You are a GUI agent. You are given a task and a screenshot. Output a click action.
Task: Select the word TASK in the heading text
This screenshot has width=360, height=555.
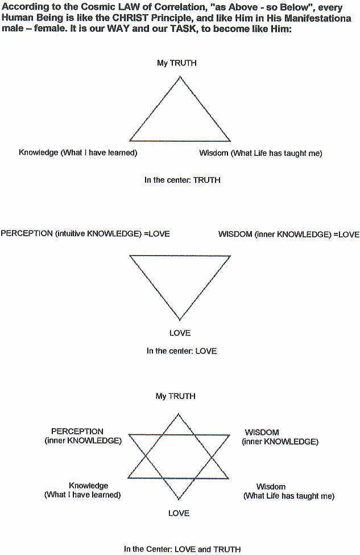183,29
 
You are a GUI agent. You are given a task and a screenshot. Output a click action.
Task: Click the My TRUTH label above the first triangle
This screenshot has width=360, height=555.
176,63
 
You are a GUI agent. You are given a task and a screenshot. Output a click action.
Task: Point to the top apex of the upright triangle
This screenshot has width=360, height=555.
180,76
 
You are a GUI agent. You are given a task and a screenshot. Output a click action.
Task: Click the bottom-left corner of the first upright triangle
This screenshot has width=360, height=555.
130,141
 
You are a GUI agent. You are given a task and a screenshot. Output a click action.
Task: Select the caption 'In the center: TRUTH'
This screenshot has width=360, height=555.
183,180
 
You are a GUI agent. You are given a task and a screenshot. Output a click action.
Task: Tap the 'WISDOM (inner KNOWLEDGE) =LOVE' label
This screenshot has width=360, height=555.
288,235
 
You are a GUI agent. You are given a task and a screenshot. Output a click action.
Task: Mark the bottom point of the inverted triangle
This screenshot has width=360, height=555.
180,320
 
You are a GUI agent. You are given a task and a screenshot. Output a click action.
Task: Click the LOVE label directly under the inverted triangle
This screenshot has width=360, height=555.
180,333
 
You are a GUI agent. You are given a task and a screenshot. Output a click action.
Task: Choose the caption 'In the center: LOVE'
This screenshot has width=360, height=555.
182,351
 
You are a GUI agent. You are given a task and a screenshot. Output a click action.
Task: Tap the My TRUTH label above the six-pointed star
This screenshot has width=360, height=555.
175,396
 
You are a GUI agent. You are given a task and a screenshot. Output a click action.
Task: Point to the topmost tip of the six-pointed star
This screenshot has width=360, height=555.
178,414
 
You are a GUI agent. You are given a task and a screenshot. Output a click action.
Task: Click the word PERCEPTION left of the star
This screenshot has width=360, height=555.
77,431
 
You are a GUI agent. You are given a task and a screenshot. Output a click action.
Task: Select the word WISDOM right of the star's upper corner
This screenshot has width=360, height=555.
262,433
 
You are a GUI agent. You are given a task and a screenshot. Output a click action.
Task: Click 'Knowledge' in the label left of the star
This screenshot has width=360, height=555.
88,486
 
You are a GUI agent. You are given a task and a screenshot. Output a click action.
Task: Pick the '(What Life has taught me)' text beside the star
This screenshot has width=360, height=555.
289,496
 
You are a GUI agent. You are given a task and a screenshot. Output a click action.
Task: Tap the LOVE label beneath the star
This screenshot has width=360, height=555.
179,513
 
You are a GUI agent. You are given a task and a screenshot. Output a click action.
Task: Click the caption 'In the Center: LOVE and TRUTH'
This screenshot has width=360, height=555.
183,549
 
